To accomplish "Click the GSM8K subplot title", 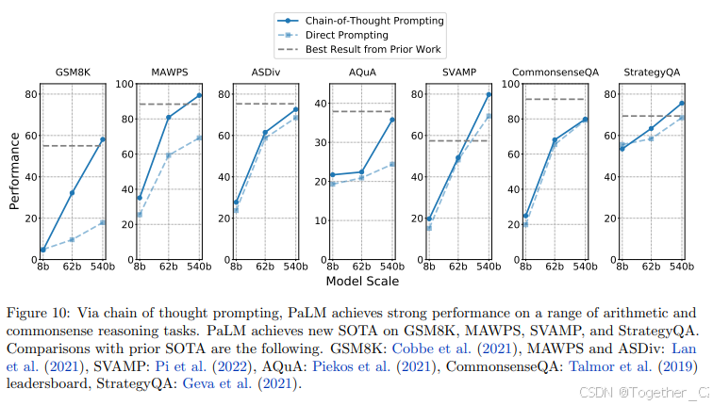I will coord(72,73).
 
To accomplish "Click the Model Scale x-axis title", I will coord(363,281).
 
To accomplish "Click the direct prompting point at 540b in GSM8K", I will coord(103,222).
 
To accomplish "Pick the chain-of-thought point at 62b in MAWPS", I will coord(169,118).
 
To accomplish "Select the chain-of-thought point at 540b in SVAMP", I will coord(489,94).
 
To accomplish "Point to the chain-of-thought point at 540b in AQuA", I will coord(392,120).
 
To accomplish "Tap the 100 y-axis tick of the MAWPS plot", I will coord(121,84).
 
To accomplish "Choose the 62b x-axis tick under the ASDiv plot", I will coord(265,267).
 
